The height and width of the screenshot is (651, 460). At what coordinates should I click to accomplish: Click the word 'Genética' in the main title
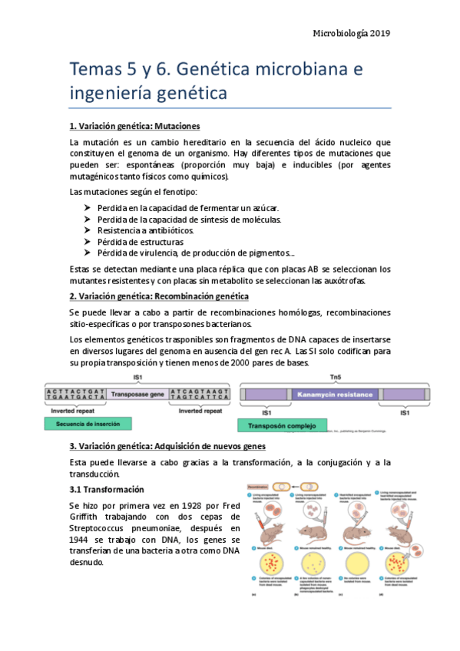tap(222, 70)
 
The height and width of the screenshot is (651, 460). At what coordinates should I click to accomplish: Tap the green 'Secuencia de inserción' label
tap(88, 423)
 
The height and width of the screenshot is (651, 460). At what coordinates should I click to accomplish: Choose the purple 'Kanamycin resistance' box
tap(334, 395)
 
